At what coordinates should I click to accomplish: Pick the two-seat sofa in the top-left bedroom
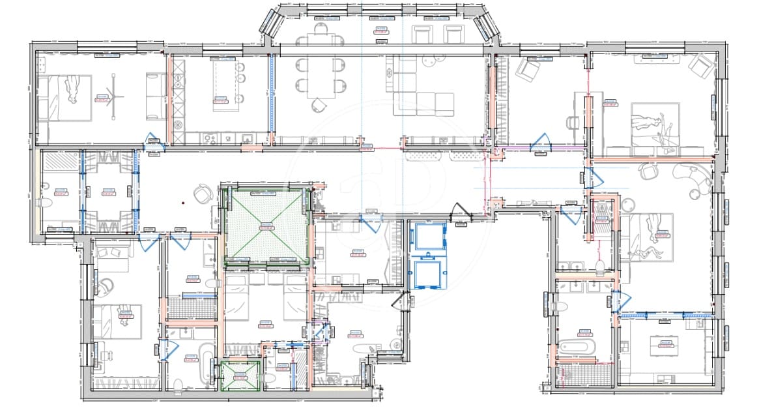coord(156,96)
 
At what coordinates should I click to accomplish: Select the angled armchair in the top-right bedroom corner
coord(702,66)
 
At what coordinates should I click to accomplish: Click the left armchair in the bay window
coord(424,35)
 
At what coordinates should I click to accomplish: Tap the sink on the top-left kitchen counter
coord(248,139)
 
